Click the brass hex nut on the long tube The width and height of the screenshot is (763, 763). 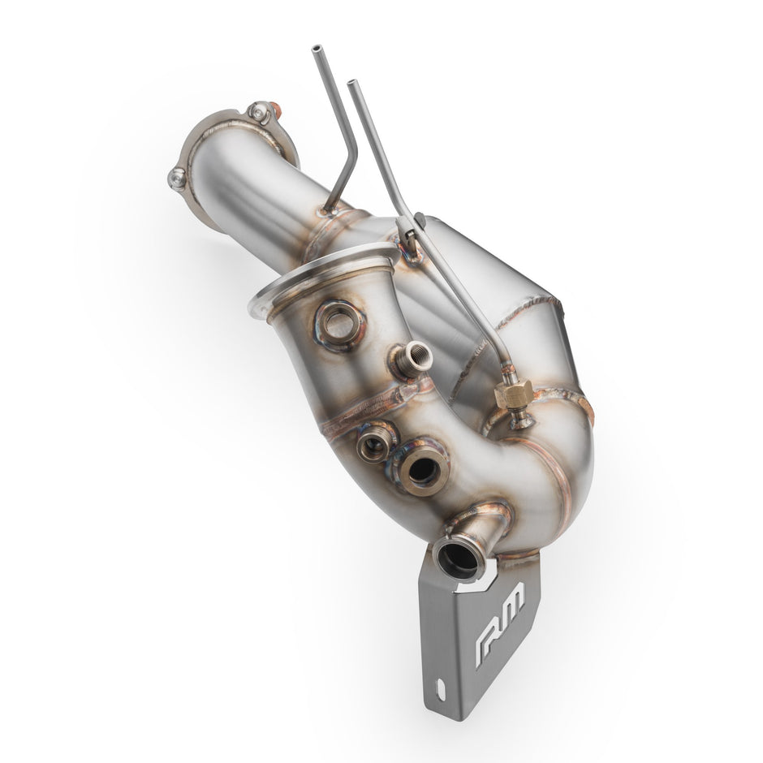(513, 394)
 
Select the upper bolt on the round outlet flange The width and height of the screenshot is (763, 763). (261, 113)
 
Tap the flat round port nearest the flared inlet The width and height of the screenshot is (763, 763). (339, 324)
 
